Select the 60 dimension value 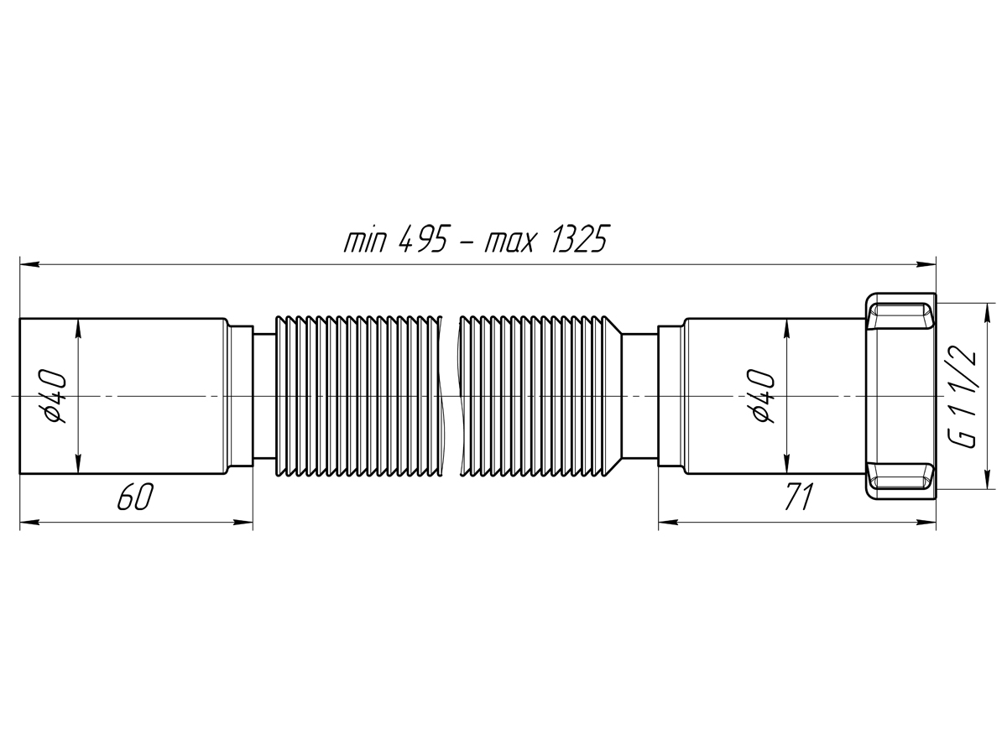click(134, 497)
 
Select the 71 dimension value click(798, 497)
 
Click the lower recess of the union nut click(900, 476)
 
